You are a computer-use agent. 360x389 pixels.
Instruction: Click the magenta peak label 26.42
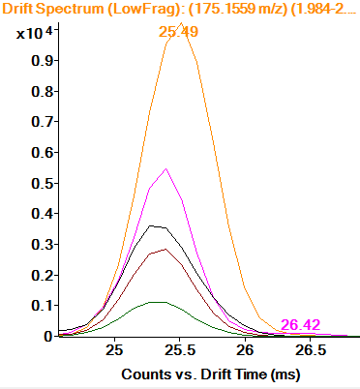click(300, 324)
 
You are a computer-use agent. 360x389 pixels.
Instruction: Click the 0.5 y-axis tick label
click(40, 181)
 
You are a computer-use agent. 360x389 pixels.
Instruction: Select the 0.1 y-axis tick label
click(40, 305)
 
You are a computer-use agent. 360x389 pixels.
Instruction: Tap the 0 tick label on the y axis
click(46, 336)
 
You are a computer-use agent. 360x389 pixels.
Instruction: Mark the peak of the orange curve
click(182, 23)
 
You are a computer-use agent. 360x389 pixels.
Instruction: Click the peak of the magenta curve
click(167, 169)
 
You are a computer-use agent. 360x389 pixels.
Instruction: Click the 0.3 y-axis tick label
click(40, 243)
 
